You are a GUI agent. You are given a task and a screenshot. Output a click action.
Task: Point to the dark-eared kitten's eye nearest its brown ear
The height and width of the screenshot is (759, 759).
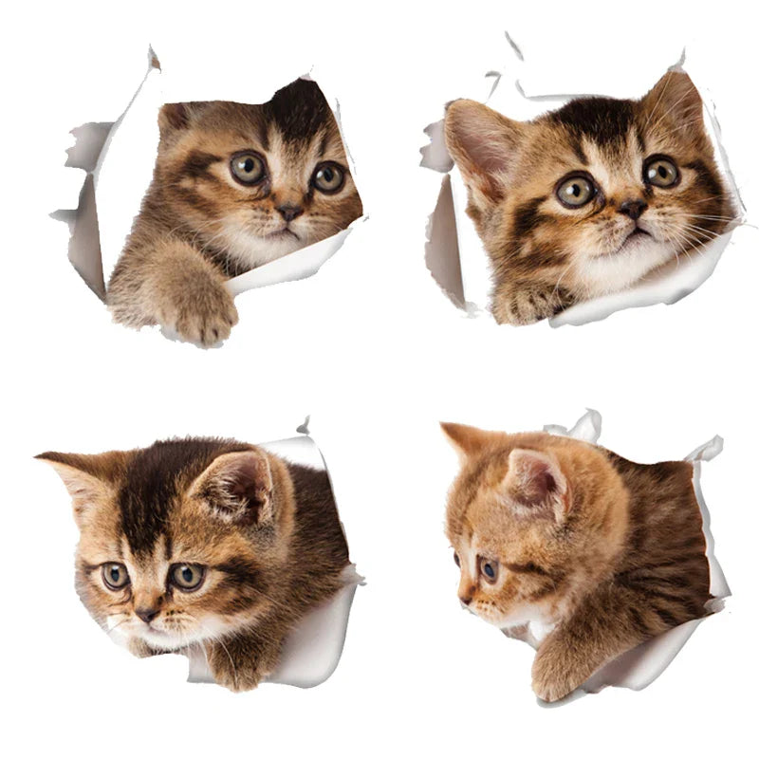(249, 168)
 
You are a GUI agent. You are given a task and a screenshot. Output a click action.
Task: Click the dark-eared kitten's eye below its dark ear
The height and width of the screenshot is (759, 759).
(328, 176)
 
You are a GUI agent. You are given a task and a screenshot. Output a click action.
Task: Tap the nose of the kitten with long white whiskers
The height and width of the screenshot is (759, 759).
(633, 209)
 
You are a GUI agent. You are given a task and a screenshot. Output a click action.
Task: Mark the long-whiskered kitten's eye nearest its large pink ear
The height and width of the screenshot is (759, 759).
(576, 191)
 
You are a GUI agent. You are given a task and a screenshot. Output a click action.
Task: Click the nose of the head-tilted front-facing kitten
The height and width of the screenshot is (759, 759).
(147, 615)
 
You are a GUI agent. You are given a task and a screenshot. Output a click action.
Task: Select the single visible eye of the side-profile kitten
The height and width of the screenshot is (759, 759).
(488, 569)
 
